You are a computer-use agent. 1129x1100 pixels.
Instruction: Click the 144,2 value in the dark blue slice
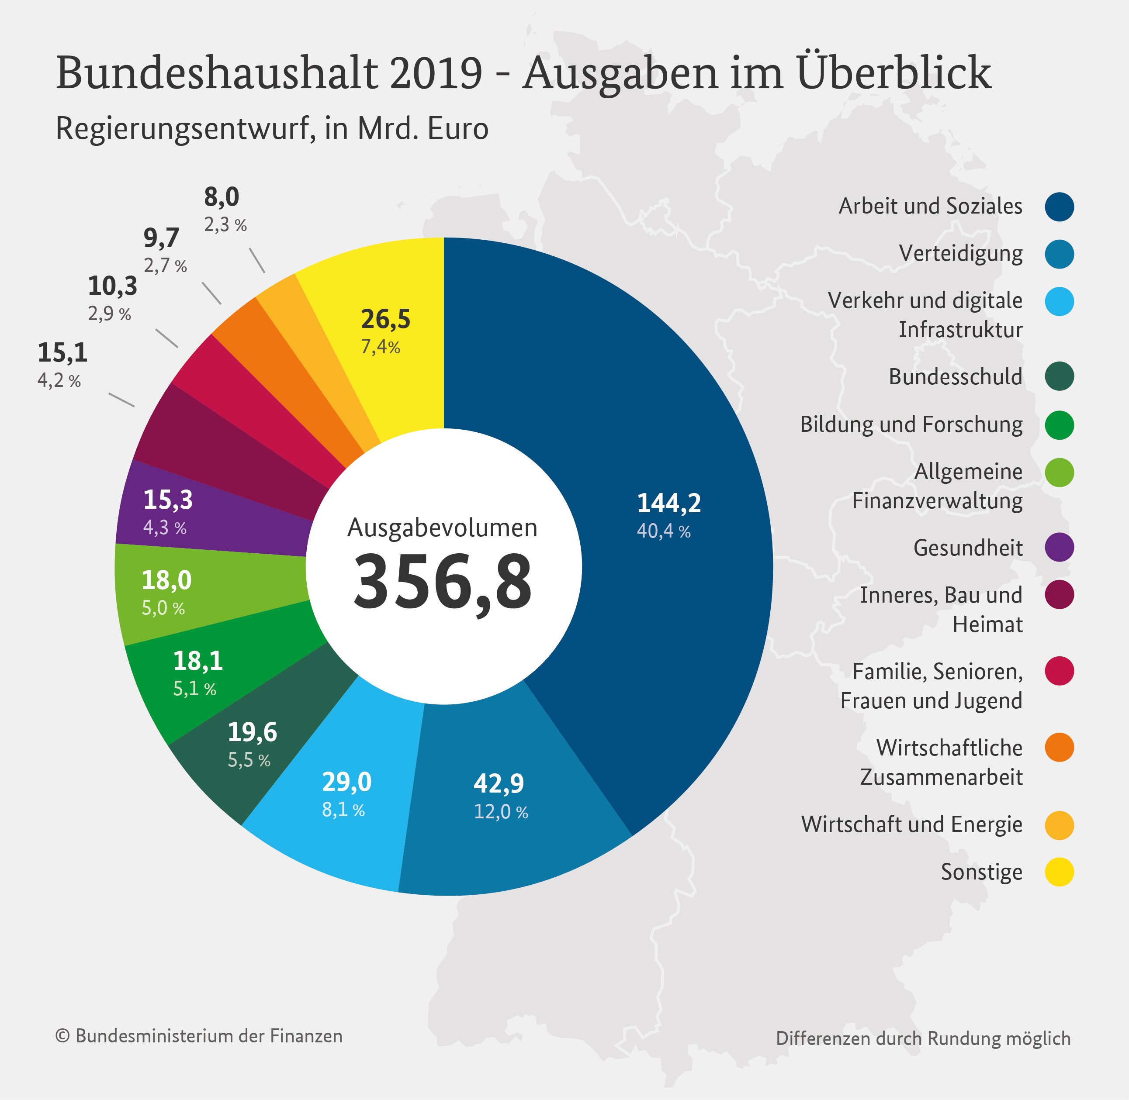pos(669,503)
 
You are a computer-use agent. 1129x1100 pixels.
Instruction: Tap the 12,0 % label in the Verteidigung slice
pos(501,812)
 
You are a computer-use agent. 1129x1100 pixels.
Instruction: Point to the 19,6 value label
pos(252,733)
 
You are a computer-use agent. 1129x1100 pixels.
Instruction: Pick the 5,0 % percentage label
pos(163,608)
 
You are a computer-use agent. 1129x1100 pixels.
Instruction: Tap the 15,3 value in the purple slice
pos(168,500)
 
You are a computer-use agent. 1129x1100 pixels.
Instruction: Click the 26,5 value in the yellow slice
pos(386,320)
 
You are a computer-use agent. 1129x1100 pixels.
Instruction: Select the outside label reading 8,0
pos(222,197)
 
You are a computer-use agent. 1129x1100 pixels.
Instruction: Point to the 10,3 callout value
pos(113,286)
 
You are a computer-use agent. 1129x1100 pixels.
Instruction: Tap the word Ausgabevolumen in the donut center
pos(442,528)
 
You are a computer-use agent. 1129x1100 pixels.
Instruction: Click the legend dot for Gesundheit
pos(1059,548)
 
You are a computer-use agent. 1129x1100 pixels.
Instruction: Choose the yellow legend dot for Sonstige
pos(1059,872)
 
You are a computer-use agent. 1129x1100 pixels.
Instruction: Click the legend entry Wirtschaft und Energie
pos(912,824)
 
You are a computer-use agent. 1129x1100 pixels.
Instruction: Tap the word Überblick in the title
pos(894,73)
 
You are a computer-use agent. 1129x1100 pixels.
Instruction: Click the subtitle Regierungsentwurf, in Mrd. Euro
pos(272,129)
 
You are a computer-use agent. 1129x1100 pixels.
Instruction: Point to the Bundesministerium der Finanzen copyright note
pos(199,1036)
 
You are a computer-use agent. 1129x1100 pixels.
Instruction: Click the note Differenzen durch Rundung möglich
pos(923,1038)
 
